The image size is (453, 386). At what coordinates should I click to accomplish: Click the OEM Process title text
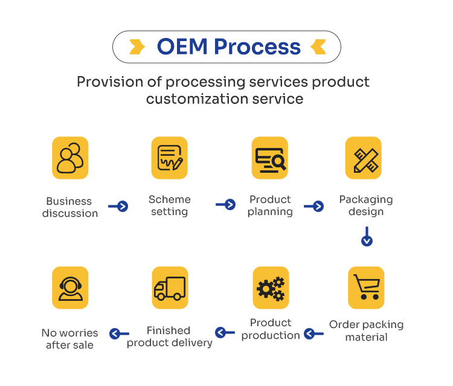coord(228,47)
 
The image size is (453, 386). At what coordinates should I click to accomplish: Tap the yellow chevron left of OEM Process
coord(138,47)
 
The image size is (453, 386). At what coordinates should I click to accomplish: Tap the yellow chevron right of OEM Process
coord(318,47)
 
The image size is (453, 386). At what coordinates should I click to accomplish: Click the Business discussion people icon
coord(70,158)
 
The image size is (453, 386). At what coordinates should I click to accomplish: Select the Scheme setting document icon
coord(169,158)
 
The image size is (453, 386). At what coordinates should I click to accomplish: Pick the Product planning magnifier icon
coord(269,158)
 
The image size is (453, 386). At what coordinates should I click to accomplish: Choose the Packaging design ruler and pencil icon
coord(364,158)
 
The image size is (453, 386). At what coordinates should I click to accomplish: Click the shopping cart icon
coord(366,288)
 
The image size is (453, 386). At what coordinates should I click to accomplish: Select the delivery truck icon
coord(169,288)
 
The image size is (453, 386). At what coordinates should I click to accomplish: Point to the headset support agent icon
coord(70,288)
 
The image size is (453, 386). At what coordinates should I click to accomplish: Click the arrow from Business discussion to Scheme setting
coord(118,207)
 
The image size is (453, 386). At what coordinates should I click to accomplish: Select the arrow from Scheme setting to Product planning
coord(226,205)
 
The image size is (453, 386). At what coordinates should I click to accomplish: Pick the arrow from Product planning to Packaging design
coord(314,207)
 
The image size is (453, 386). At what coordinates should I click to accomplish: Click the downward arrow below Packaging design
coord(367,237)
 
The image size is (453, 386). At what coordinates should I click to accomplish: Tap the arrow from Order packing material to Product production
coord(313,333)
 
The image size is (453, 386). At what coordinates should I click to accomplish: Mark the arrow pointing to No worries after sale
coord(119,333)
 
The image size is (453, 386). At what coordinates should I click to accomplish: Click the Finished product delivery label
coord(169,336)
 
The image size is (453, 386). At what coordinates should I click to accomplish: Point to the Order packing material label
coord(366,330)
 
